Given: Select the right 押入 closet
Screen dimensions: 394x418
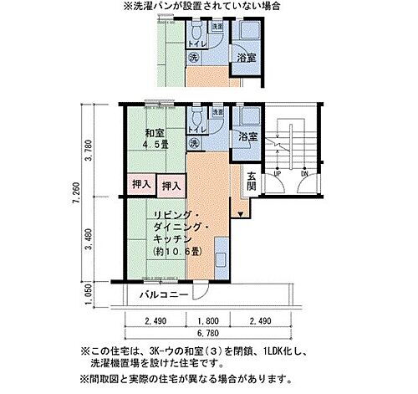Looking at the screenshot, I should [x=171, y=185].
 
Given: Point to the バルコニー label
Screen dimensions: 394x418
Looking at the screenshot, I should [x=157, y=295].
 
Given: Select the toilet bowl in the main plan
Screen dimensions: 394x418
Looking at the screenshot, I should [x=195, y=115].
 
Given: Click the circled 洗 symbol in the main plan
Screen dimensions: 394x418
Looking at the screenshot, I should [x=194, y=143].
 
